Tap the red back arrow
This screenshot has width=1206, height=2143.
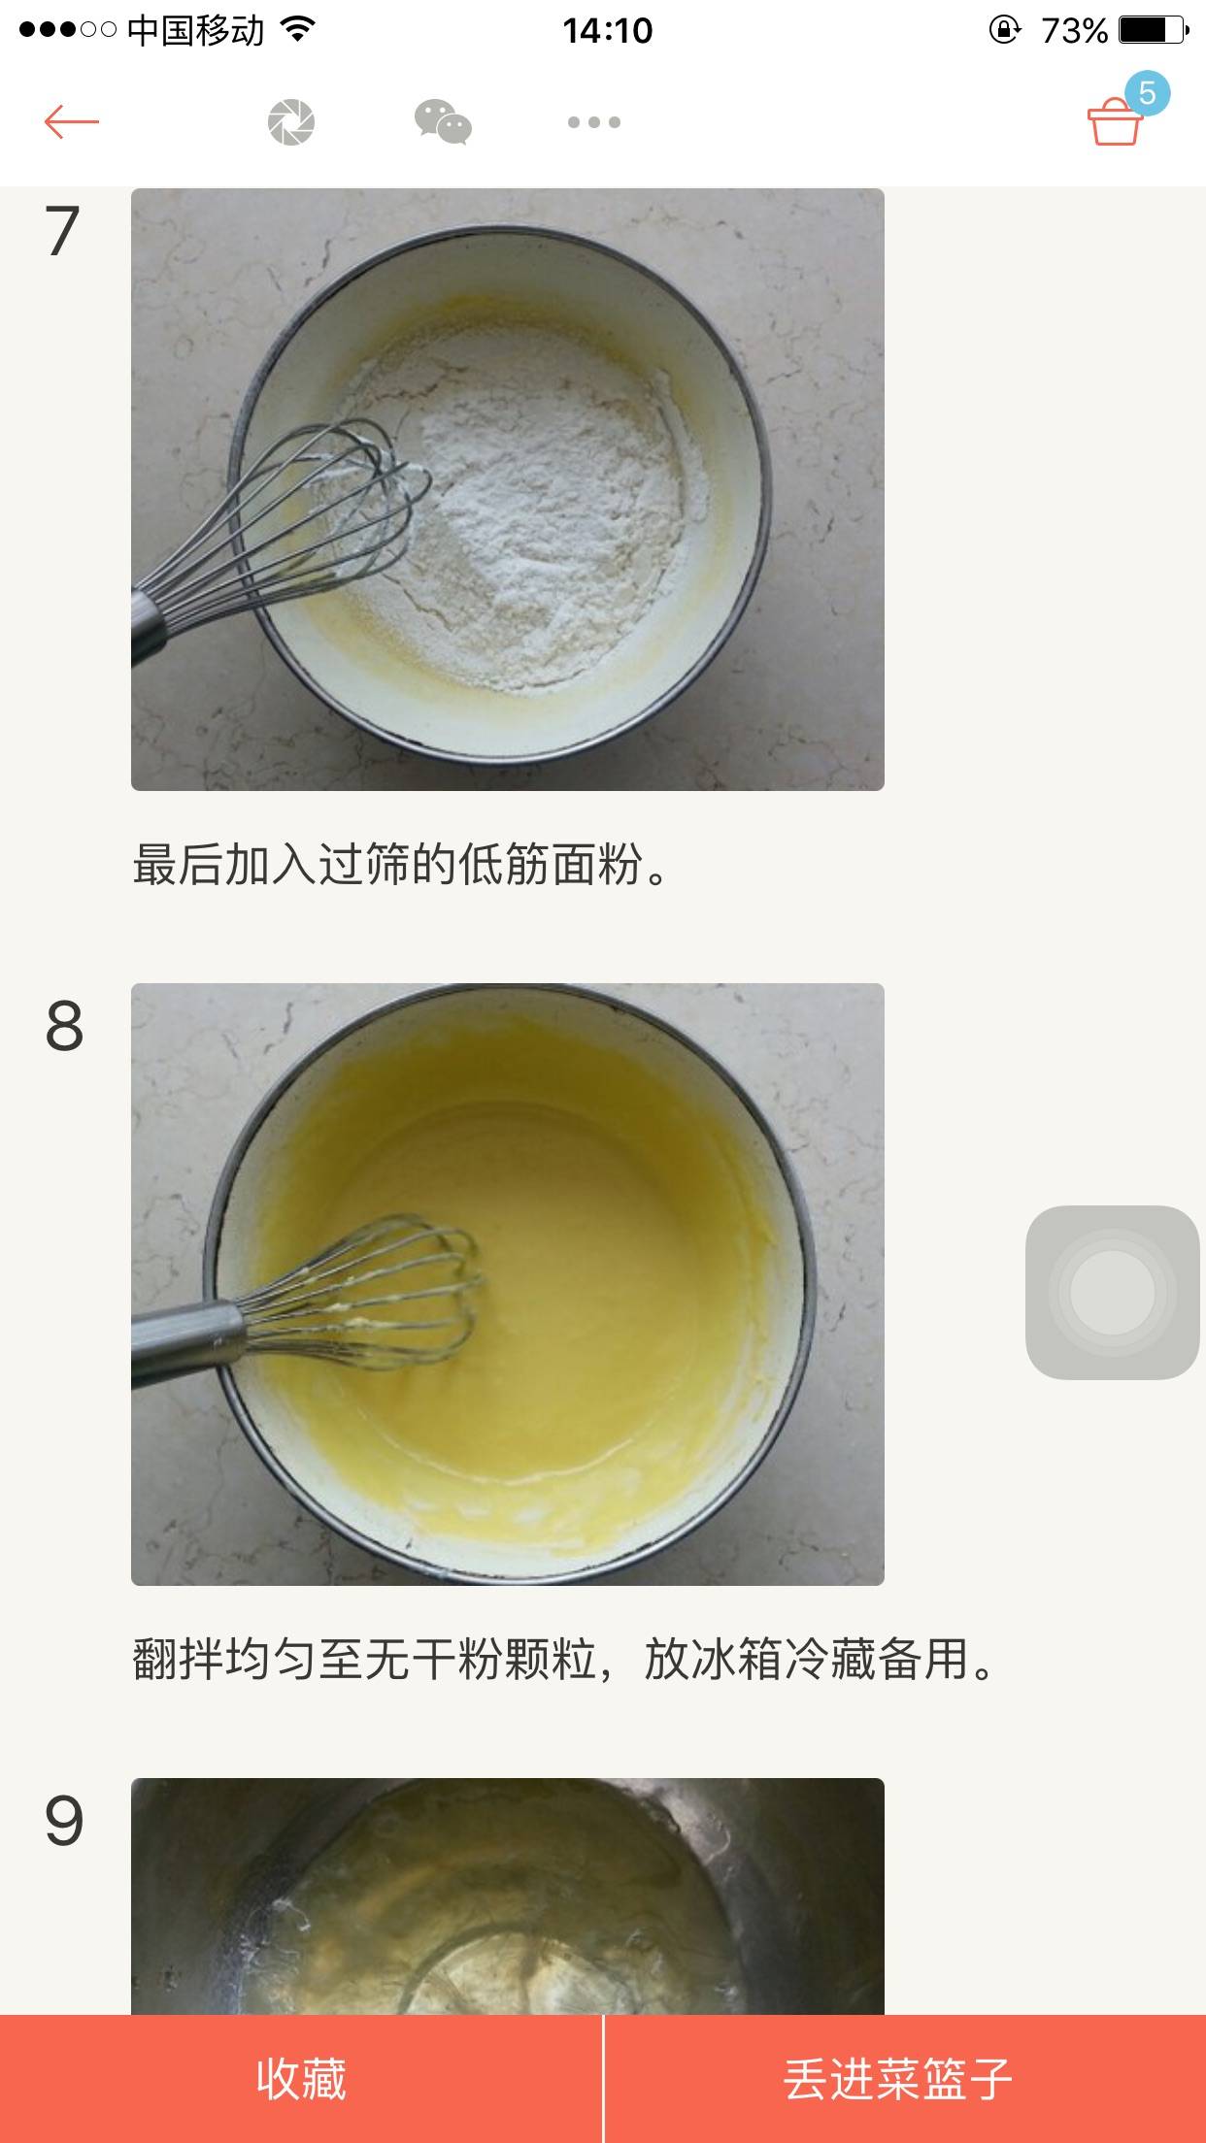coord(72,122)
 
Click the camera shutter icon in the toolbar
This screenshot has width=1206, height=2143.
coord(291,122)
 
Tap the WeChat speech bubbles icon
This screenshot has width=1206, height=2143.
coord(443,122)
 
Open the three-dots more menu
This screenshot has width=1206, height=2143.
coord(594,122)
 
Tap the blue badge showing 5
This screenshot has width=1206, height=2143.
coord(1147,93)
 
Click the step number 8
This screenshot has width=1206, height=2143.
coord(64,1026)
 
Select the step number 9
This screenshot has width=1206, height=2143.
coord(64,1821)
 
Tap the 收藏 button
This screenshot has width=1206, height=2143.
coord(301,2079)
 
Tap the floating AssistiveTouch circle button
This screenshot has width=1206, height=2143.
coord(1113,1292)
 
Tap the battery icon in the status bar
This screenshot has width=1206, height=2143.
coord(1154,30)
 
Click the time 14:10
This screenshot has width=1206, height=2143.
coord(607,31)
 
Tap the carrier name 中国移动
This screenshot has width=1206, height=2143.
coord(195,31)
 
